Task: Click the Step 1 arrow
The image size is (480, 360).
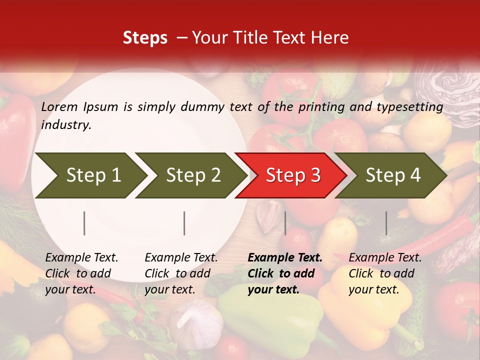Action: tap(90, 175)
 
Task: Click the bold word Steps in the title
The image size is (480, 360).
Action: tap(145, 37)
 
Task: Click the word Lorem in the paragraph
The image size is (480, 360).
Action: tap(59, 106)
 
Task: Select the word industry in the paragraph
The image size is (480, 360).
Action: tap(66, 125)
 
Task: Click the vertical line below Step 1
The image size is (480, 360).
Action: tap(84, 223)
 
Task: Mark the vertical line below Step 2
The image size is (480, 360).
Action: tap(184, 223)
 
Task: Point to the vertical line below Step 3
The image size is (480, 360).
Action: tap(285, 223)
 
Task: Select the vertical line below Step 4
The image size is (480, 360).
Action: tap(386, 223)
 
